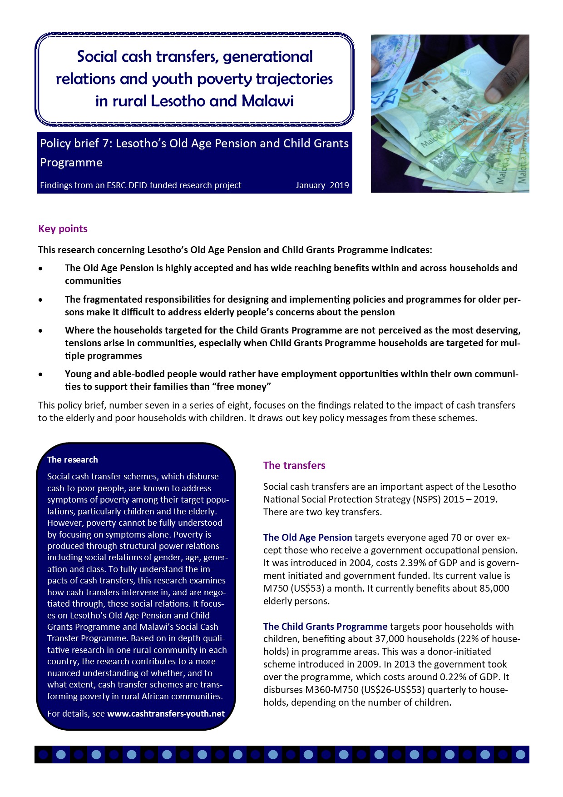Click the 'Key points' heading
coord(63,229)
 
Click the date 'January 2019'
coord(322,185)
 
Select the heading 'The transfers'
coord(294,465)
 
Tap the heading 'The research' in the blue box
coord(73,459)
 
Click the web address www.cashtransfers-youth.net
coord(166,713)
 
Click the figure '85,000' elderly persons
coord(494,588)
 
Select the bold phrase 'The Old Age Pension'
coord(307,538)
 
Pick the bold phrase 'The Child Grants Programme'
coord(325,627)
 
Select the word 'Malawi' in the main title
coord(267,101)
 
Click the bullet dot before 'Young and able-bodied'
coord(41,374)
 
